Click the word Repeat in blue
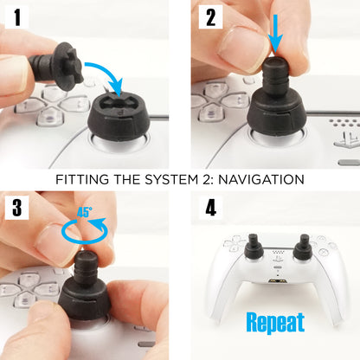275,323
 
